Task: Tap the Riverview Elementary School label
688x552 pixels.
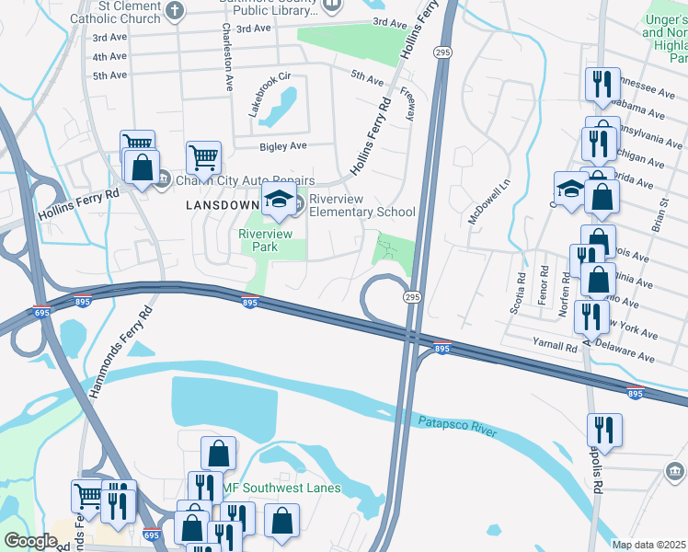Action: (x=361, y=205)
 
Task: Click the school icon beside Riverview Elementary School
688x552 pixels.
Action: (x=279, y=199)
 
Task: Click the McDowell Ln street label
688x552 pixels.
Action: (x=504, y=199)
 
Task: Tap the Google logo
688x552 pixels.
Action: (x=30, y=541)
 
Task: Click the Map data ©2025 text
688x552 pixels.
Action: (x=648, y=545)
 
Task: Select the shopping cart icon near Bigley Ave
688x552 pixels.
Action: (x=203, y=155)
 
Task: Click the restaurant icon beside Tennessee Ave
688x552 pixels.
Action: (x=602, y=84)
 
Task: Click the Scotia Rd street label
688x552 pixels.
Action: (x=521, y=291)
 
